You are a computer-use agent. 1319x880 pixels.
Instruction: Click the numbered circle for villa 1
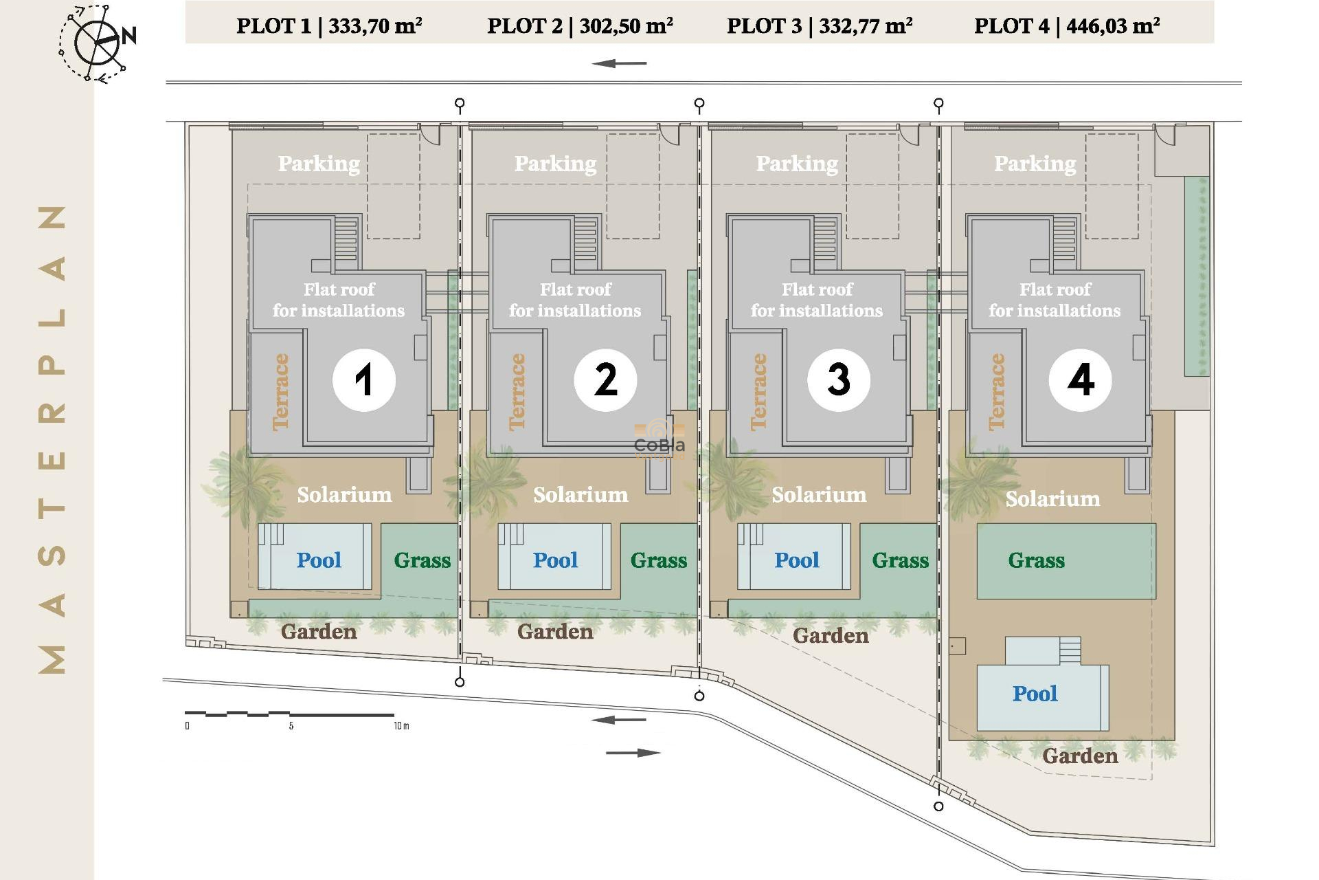pyautogui.click(x=363, y=379)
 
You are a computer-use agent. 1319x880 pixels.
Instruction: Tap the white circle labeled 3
pyautogui.click(x=838, y=379)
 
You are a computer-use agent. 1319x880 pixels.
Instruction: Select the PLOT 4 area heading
pyautogui.click(x=1067, y=26)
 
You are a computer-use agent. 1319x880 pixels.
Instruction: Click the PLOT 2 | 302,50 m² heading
pyautogui.click(x=580, y=26)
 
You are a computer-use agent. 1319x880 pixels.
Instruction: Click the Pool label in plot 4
pyautogui.click(x=1035, y=694)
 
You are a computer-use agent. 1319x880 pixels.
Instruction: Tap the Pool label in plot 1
pyautogui.click(x=319, y=560)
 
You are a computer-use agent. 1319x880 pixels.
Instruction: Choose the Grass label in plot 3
pyautogui.click(x=900, y=560)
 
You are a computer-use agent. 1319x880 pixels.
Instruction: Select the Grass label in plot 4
pyautogui.click(x=1036, y=560)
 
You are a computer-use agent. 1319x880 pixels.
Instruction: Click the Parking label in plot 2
pyautogui.click(x=555, y=164)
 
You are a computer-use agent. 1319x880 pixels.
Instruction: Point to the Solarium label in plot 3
pyautogui.click(x=819, y=495)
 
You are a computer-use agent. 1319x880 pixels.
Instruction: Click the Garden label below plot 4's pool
pyautogui.click(x=1080, y=756)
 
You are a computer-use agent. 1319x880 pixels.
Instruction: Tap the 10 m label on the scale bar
pyautogui.click(x=401, y=726)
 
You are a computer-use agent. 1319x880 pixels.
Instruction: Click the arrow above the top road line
pyautogui.click(x=619, y=63)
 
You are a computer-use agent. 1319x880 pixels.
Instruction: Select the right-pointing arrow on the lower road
pyautogui.click(x=633, y=753)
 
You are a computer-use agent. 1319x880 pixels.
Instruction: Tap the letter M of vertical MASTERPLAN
pyautogui.click(x=53, y=659)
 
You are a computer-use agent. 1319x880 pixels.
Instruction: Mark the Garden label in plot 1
pyautogui.click(x=319, y=632)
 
